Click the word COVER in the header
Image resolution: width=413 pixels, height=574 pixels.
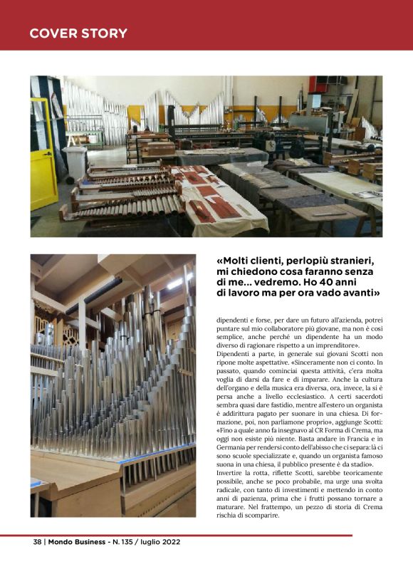point(51,33)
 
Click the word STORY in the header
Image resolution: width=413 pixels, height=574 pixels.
point(104,33)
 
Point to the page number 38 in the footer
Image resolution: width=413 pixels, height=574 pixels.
point(37,542)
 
